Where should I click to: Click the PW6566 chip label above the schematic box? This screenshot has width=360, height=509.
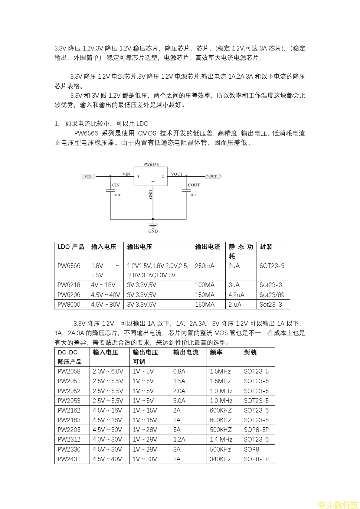click(151, 165)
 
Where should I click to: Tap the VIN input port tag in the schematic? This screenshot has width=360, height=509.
click(88, 176)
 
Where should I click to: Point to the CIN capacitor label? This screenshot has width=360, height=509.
click(116, 185)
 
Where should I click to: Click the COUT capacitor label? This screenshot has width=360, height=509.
click(194, 185)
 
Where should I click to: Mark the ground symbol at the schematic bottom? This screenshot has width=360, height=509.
click(153, 226)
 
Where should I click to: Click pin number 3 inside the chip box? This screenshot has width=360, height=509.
click(139, 176)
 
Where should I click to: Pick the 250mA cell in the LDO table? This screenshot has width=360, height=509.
click(205, 266)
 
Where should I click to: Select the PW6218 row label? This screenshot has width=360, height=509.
click(69, 285)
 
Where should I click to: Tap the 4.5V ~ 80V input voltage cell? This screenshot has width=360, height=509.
click(106, 305)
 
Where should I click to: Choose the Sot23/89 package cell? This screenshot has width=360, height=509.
click(272, 295)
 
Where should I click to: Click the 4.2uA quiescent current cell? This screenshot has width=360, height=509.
click(236, 295)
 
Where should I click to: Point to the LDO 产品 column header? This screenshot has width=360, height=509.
click(71, 247)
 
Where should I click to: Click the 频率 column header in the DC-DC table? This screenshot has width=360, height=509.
click(216, 352)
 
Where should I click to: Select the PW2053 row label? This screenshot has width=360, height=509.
click(69, 401)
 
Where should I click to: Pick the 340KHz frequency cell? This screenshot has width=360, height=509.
click(220, 459)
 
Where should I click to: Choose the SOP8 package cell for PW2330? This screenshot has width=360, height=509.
click(251, 449)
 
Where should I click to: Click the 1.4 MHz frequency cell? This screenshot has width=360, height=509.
click(221, 439)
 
